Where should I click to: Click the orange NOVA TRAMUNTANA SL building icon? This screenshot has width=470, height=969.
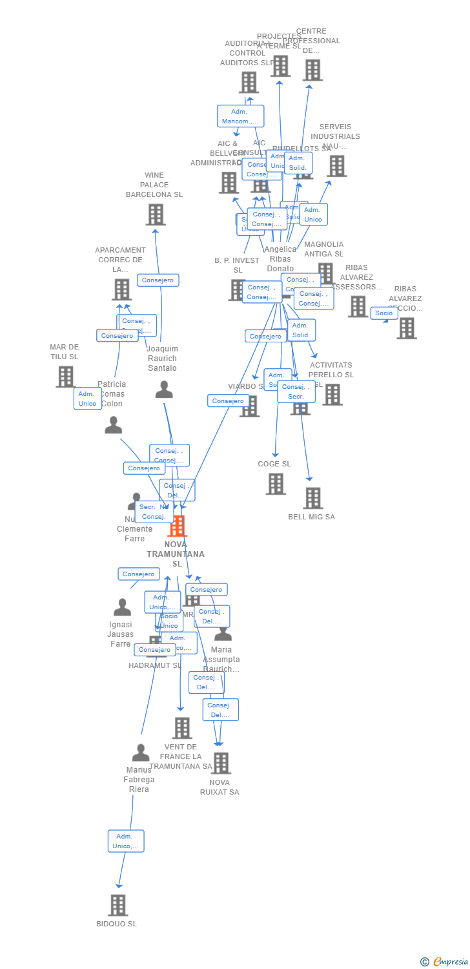tap(177, 526)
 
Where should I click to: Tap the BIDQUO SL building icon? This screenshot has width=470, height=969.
tap(117, 905)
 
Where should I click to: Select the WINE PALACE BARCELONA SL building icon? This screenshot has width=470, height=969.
tap(155, 214)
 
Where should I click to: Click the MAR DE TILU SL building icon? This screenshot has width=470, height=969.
tap(65, 377)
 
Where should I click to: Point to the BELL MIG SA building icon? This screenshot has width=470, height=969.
tap(312, 498)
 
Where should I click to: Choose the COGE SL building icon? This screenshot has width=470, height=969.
tap(276, 483)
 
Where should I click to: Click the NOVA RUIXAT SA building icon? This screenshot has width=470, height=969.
tap(221, 763)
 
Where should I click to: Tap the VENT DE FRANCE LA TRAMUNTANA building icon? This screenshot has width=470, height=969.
tap(182, 728)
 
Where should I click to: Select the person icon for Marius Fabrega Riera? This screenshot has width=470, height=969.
tap(140, 753)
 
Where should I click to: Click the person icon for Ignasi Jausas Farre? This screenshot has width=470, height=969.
tap(122, 607)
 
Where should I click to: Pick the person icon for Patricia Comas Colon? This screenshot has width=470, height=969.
tap(113, 425)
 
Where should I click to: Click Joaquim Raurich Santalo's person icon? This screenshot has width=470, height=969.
tap(164, 390)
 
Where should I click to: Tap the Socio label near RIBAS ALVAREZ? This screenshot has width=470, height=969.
tap(383, 313)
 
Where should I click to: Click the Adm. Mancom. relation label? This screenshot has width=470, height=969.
tap(240, 116)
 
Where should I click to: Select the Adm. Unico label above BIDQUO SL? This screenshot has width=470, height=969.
tap(125, 841)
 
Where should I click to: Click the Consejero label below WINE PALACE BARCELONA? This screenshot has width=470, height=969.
tap(158, 280)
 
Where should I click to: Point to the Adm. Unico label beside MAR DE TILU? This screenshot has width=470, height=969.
tap(87, 399)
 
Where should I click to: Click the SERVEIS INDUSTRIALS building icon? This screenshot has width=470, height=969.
tap(336, 166)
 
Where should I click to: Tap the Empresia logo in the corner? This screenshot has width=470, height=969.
tap(445, 961)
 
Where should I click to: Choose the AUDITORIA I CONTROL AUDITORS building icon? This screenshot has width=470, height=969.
tap(249, 82)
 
